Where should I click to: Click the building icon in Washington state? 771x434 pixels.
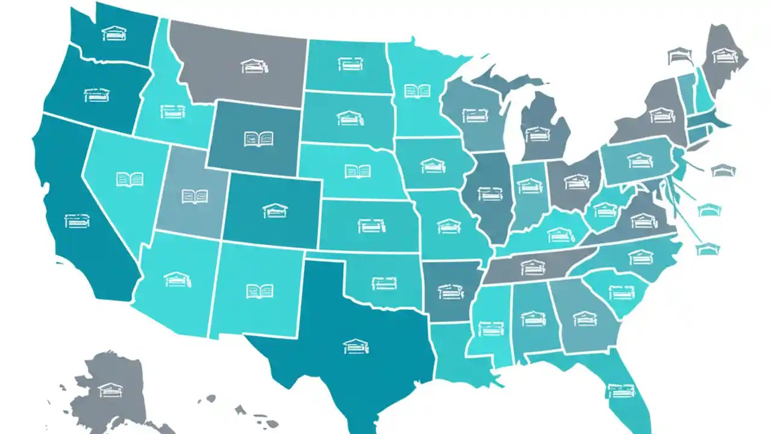pos(114,33)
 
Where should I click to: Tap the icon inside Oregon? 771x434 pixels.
pos(96,95)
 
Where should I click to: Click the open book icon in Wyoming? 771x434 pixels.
pos(259,139)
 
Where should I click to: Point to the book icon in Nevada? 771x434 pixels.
pos(130,179)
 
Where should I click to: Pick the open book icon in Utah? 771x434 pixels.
pos(195,196)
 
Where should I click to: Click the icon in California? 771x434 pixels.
pos(77,220)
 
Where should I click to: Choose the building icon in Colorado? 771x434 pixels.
pos(275,210)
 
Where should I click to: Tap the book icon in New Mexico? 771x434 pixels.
pos(259,292)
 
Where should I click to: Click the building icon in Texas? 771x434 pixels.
pos(356,346)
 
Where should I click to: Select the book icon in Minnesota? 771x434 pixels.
pos(417,91)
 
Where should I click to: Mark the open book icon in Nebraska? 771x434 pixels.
pos(358,171)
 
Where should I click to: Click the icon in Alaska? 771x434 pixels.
pos(110,390)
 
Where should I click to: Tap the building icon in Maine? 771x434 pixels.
pos(725,56)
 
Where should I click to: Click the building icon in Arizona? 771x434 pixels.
pos(178,279)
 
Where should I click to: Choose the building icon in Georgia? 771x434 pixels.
pos(584,318)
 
